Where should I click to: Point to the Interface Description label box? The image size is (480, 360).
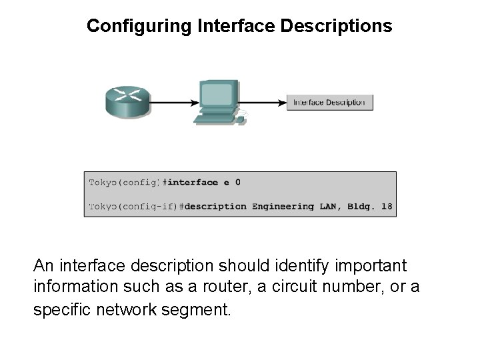click(x=330, y=103)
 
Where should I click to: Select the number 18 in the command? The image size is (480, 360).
click(x=386, y=206)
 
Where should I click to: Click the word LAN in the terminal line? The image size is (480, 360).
click(x=327, y=206)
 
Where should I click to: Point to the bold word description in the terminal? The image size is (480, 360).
click(x=215, y=206)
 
